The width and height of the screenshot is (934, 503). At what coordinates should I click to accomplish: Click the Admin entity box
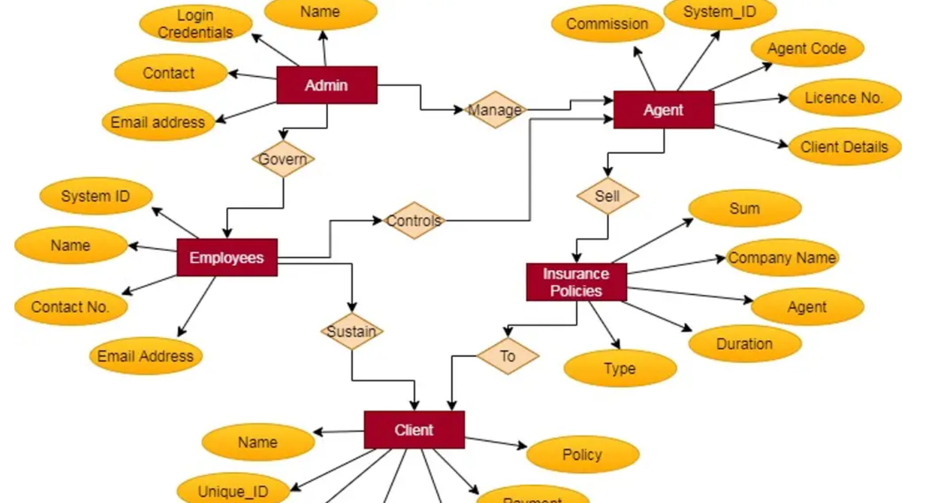[326, 85]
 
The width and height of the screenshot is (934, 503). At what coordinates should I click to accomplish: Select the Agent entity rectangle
[664, 110]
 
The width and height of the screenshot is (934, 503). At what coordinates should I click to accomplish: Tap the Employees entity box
[226, 258]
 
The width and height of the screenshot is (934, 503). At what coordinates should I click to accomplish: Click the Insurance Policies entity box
[576, 282]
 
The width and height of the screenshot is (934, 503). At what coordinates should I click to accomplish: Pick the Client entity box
[414, 430]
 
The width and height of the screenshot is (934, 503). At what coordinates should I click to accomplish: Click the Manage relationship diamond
[495, 110]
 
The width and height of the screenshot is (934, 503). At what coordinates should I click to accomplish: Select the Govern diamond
[283, 159]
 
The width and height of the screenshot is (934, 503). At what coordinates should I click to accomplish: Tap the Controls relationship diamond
[414, 220]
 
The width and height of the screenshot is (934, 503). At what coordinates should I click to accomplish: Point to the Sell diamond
[607, 196]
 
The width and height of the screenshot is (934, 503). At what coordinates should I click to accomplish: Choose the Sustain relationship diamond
[352, 331]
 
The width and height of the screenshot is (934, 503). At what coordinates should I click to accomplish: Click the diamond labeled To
[508, 356]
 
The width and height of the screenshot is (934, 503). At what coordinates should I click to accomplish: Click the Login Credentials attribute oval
[195, 24]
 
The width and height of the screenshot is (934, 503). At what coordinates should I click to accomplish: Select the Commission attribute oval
[607, 24]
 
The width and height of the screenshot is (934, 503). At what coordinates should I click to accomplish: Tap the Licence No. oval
[844, 98]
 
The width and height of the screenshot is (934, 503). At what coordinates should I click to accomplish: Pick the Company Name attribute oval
[781, 258]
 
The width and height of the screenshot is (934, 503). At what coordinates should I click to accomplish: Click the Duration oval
[744, 344]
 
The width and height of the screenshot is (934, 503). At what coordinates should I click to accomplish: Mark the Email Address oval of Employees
[145, 356]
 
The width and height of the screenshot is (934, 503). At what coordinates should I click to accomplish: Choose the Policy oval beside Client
[582, 454]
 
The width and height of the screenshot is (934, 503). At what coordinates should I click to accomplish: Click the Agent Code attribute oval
[807, 49]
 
